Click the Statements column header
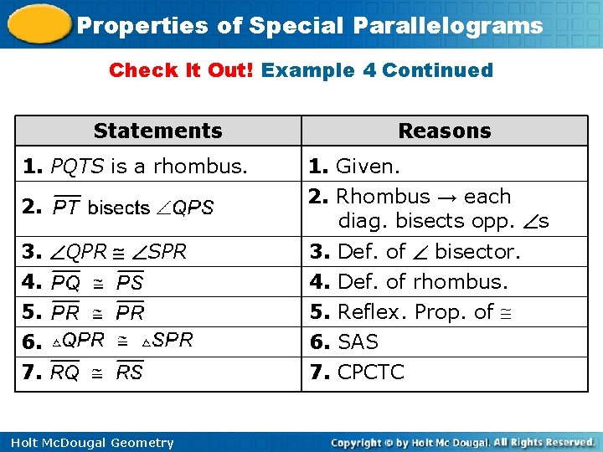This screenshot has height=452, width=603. (157, 131)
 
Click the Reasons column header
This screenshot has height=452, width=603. (444, 131)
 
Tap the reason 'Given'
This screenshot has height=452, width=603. (367, 167)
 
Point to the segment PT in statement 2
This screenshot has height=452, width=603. (66, 207)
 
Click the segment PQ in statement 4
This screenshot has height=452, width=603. (66, 283)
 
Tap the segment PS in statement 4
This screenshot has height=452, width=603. (130, 283)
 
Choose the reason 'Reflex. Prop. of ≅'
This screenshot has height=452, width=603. (413, 312)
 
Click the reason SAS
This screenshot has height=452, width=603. (358, 342)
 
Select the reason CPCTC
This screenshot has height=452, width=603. (370, 372)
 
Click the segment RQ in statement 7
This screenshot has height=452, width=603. (65, 372)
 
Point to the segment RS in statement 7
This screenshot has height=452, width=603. (129, 372)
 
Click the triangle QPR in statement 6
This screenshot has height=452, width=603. (78, 340)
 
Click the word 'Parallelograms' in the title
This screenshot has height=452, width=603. (447, 25)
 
